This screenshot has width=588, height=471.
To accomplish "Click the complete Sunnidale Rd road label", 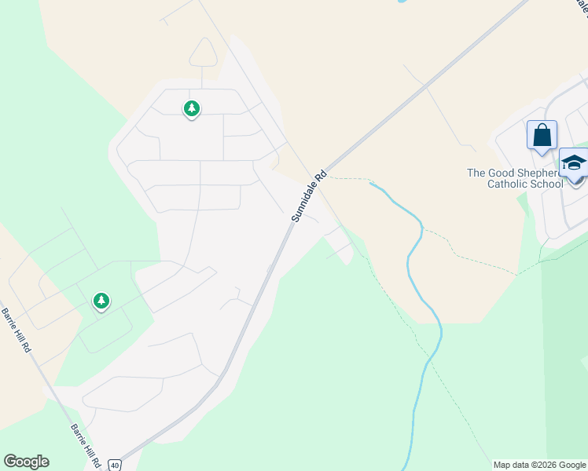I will [309, 197].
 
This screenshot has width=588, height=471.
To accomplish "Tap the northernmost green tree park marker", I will [191, 108].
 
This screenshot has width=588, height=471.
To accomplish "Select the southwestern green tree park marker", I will [101, 301].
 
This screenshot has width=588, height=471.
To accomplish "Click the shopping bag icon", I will [542, 134].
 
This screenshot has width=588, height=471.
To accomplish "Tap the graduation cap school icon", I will [574, 162].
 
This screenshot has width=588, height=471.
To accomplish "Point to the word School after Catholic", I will [549, 184].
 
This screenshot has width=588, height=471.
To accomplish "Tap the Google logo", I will [26, 462].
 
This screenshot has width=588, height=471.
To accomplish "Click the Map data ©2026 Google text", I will [539, 465].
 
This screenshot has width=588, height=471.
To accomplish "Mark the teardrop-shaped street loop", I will [203, 53].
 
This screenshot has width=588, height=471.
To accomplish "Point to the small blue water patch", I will [402, 2].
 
